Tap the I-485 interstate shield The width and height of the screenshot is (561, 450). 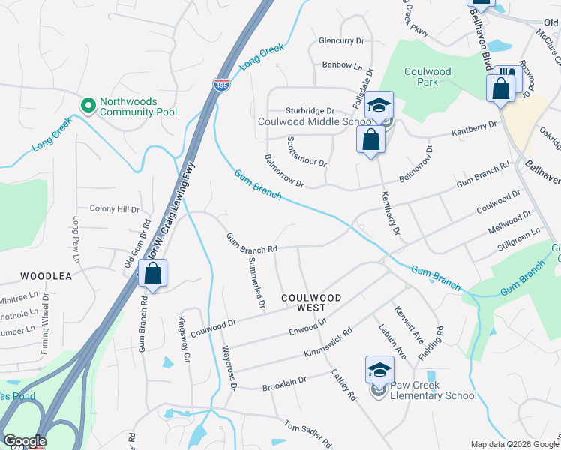(221, 86)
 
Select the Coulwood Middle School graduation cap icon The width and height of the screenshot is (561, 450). (379, 106)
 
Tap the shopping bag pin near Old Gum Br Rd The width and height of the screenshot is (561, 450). (152, 274)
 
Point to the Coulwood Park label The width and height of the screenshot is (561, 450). (427, 76)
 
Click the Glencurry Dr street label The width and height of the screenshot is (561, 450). (341, 41)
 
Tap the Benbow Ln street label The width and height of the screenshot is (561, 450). (337, 65)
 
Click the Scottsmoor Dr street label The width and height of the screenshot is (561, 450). (307, 152)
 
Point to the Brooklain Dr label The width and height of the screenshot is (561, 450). (284, 384)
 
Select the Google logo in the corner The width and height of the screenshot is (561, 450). (25, 441)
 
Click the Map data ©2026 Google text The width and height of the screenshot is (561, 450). (514, 444)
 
